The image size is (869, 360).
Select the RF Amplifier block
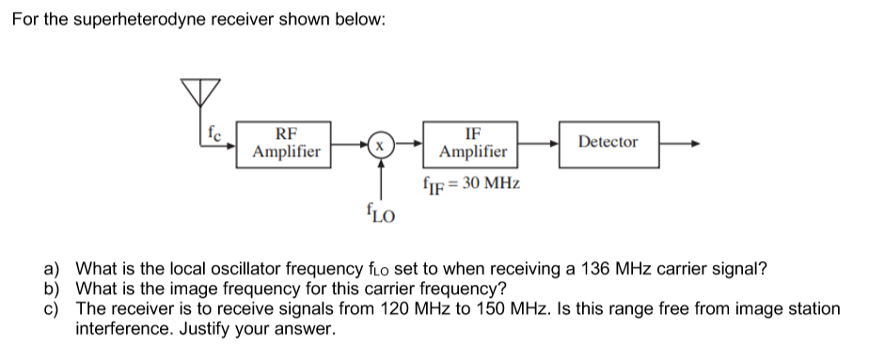click(286, 143)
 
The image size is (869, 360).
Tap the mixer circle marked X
click(380, 147)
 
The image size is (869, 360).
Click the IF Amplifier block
click(473, 143)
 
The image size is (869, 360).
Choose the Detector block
click(608, 143)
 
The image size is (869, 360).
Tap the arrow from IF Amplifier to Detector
click(541, 146)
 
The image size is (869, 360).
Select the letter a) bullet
click(55, 269)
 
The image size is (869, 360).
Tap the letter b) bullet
click(55, 289)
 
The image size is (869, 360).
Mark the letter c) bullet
click(55, 308)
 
